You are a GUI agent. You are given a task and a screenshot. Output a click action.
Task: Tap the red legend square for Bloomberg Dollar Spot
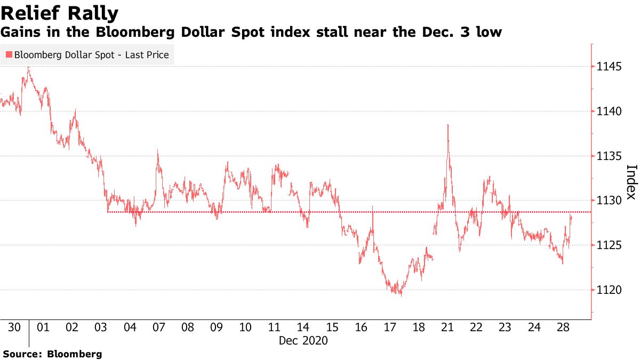(9, 54)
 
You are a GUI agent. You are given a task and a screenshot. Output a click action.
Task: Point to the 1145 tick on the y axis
(610, 67)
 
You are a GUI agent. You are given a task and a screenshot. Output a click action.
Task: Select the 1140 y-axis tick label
(610, 111)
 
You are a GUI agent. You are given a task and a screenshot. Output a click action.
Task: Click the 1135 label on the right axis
(610, 156)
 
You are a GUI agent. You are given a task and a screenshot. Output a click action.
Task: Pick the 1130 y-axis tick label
(610, 201)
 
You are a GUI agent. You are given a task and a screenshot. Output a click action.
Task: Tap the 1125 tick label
(610, 245)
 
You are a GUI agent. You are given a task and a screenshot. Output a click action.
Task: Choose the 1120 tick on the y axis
(610, 290)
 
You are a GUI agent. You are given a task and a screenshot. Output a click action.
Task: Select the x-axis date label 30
(14, 327)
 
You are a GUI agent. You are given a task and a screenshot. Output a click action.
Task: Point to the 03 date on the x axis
(101, 327)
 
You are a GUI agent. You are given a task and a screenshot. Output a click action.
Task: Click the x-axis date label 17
(389, 327)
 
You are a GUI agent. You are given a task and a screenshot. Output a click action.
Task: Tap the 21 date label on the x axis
(447, 327)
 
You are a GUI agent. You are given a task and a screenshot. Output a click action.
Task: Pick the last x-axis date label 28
(562, 327)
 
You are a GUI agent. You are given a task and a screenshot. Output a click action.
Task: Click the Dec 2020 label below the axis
(303, 340)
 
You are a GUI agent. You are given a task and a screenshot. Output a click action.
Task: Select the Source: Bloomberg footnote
(52, 354)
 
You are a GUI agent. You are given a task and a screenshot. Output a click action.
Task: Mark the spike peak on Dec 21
(447, 124)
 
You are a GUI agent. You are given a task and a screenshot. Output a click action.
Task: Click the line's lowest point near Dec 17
(401, 295)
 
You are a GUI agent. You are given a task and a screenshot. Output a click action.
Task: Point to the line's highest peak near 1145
(28, 67)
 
